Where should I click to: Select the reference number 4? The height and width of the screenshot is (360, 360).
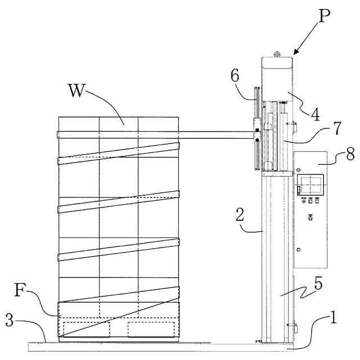tap(316, 114)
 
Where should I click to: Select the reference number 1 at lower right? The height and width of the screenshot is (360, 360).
tap(333, 319)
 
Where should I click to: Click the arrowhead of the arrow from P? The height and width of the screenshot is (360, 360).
tap(295, 53)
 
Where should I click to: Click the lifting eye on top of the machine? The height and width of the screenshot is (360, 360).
tap(276, 54)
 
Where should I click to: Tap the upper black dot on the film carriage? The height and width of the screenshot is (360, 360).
tap(257, 130)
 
